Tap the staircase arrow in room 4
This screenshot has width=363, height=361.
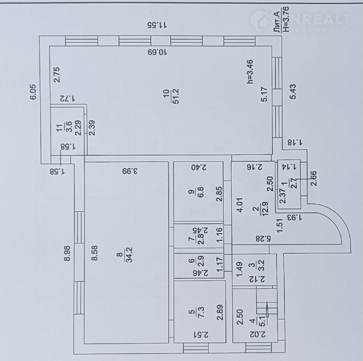point(267,309)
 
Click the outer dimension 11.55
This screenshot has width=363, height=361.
point(157,25)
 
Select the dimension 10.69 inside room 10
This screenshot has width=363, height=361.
point(157,52)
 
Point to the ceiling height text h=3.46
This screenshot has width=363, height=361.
point(250,71)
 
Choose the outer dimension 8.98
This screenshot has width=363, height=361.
point(67,253)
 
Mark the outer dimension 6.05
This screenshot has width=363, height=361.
point(34,92)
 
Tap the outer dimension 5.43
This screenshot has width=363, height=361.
point(293,92)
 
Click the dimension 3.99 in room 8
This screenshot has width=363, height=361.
point(130,171)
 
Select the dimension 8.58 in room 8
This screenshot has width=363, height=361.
point(95,253)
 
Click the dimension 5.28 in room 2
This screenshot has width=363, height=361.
point(264,238)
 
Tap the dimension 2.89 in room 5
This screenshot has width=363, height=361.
point(220,312)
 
